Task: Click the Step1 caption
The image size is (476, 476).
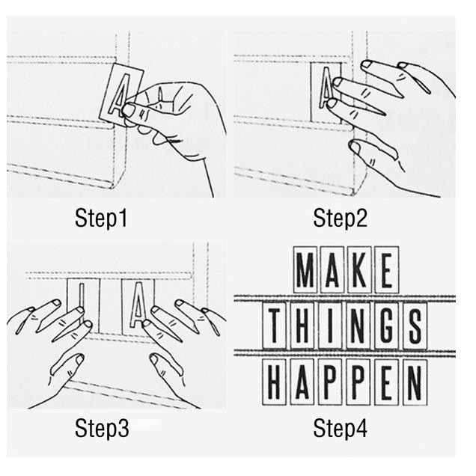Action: tap(101, 218)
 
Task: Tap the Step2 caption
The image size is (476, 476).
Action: tap(340, 218)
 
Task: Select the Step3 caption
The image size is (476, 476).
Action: tap(102, 428)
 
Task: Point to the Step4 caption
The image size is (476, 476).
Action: tap(340, 428)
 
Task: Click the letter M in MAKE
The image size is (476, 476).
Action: tap(305, 270)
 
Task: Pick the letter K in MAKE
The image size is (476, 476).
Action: tap(359, 270)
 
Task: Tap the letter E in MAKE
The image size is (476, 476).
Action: tap(386, 270)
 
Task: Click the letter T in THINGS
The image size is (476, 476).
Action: tap(274, 325)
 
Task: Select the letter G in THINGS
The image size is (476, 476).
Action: tap(386, 325)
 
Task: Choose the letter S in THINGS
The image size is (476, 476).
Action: tap(415, 325)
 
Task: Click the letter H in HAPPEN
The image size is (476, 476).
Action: tap(274, 382)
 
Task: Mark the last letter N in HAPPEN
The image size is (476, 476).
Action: tap(415, 382)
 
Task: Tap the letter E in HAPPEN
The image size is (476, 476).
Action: tap(386, 382)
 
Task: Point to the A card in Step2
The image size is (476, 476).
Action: tap(326, 92)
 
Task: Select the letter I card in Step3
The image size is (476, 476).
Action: tap(83, 305)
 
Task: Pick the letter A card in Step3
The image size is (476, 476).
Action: tap(138, 306)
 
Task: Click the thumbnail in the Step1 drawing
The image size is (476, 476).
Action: tap(129, 109)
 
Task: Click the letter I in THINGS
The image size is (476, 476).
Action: tap(330, 325)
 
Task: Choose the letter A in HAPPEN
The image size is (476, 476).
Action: tap(302, 382)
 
